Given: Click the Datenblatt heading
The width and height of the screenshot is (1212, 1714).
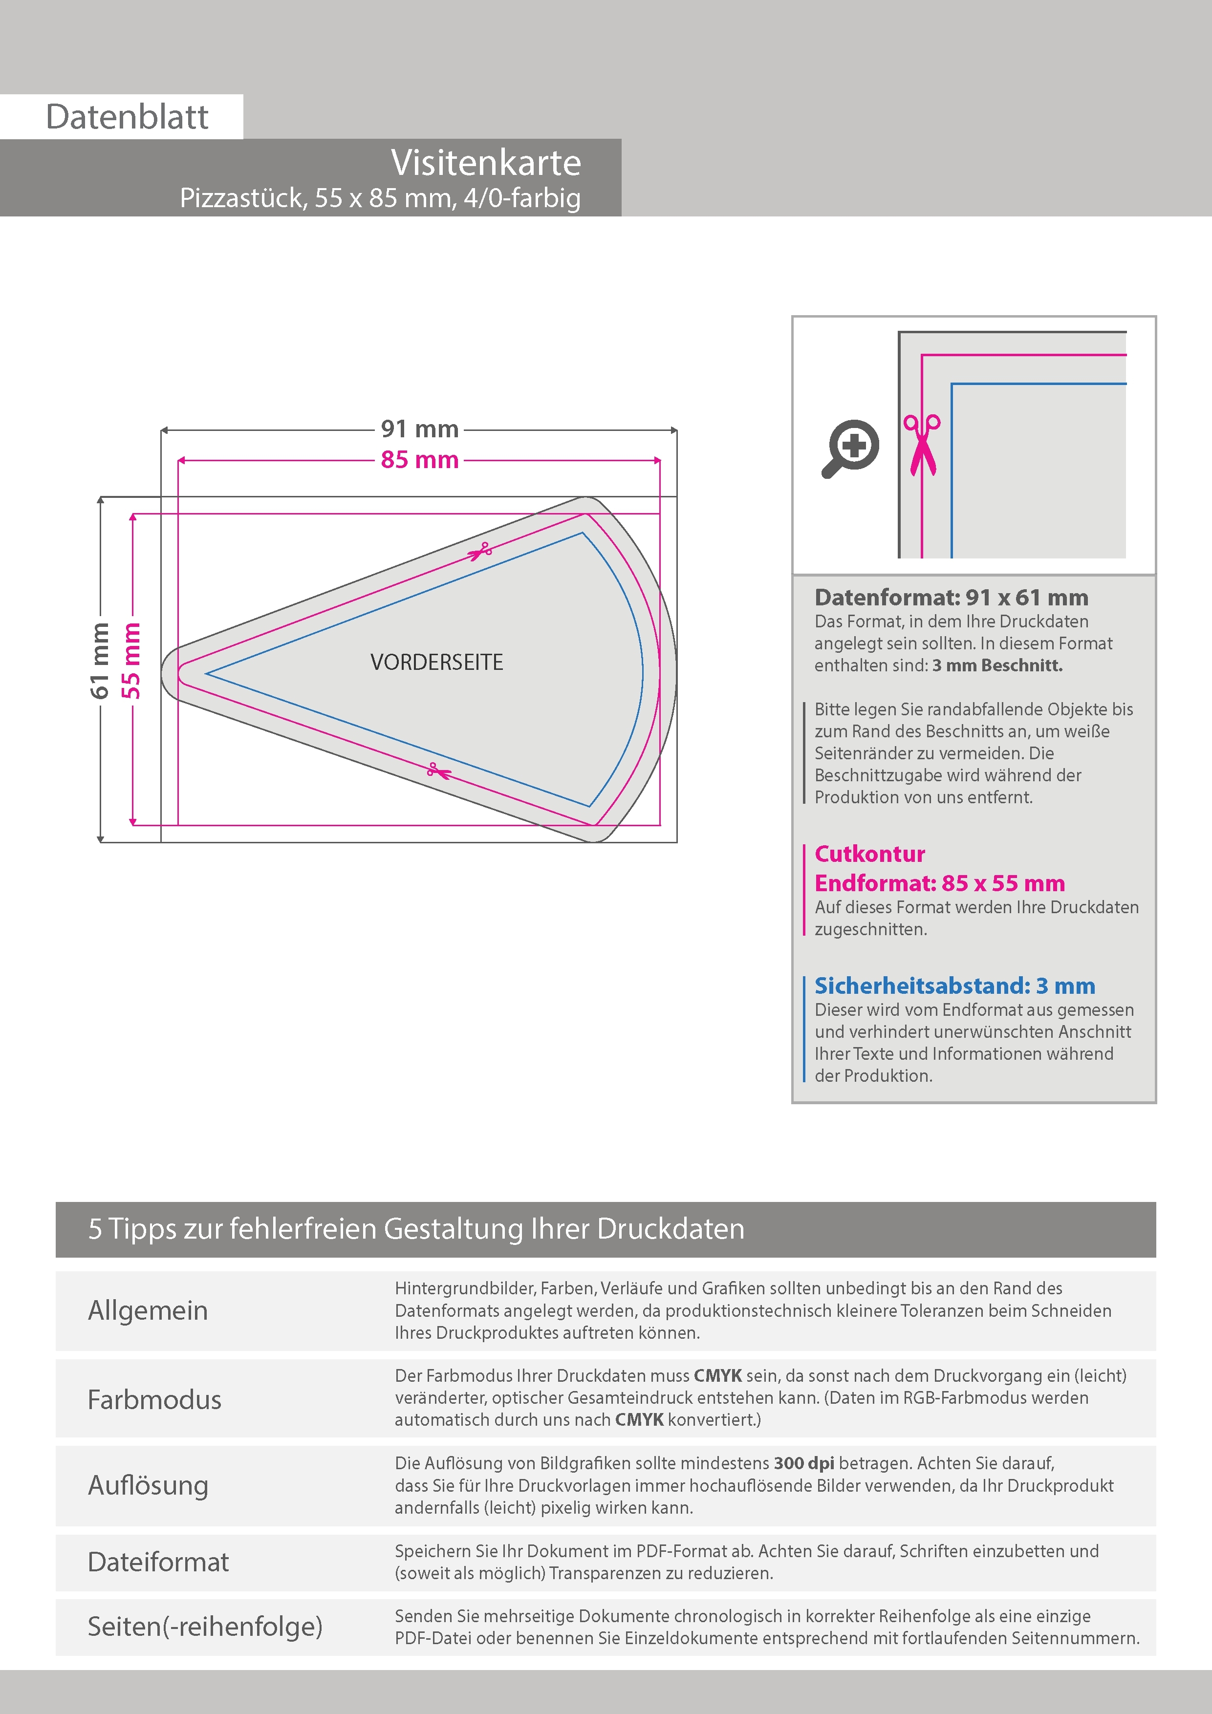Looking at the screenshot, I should click(x=127, y=117).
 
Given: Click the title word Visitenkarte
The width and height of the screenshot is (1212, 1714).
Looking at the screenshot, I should click(x=485, y=163).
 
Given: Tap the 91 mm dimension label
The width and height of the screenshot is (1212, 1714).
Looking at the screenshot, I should click(x=420, y=429).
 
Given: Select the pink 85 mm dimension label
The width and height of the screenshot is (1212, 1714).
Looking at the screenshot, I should click(x=420, y=460).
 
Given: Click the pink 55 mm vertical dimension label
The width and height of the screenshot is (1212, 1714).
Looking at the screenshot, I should click(x=131, y=661).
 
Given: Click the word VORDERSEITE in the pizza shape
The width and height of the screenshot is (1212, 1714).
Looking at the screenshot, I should click(x=437, y=662).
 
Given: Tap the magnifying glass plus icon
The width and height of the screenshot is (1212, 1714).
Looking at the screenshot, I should click(x=851, y=448).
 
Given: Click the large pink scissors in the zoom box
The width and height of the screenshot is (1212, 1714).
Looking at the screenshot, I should click(x=922, y=445).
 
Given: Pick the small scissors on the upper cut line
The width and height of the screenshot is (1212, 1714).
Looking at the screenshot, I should click(x=479, y=552).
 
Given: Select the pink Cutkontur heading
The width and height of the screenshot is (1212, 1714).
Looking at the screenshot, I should click(x=869, y=854).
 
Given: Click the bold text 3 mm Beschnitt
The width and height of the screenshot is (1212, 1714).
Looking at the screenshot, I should click(x=997, y=665).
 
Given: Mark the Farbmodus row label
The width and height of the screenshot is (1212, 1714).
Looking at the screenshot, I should click(x=154, y=1399).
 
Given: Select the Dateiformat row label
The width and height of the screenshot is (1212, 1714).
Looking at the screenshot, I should click(x=158, y=1562).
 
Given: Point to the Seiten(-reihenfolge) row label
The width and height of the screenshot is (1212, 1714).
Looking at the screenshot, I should click(x=205, y=1626).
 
